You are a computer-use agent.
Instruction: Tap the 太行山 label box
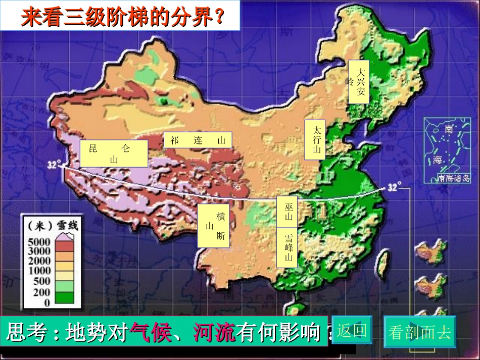pos(316,140)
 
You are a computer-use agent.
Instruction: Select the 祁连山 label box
pos(198,140)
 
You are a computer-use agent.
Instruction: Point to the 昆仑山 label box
pos(114,153)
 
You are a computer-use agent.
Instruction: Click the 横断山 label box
pos(214,226)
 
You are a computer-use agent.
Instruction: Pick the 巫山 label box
pos(288,212)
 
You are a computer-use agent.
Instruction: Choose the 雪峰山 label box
pos(288,247)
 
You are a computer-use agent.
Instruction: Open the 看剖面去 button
pos(419,332)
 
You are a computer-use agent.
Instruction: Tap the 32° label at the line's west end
pos(54,165)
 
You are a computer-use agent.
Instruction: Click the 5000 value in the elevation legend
pos(38,241)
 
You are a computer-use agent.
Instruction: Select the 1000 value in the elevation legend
pos(38,271)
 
